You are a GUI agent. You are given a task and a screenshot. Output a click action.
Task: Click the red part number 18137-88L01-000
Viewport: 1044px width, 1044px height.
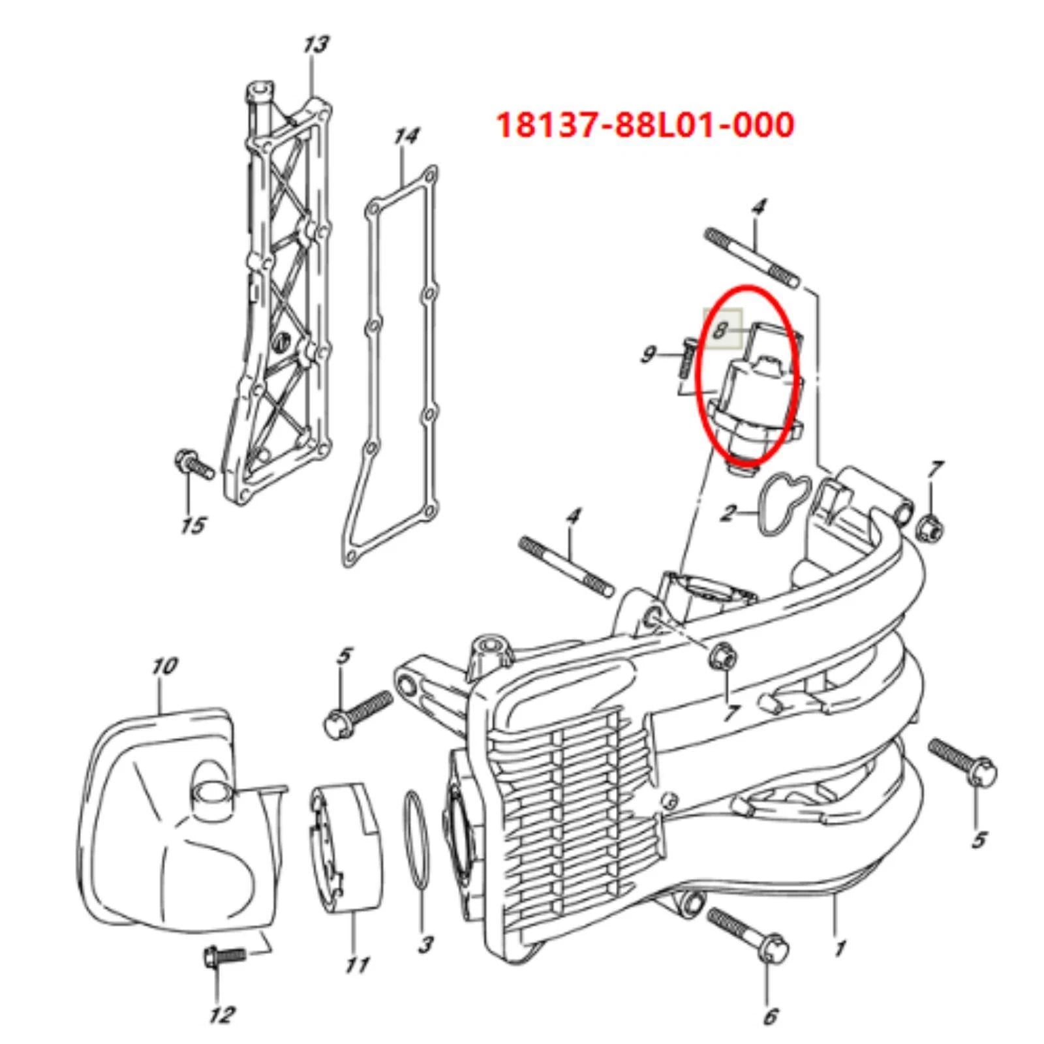point(645,125)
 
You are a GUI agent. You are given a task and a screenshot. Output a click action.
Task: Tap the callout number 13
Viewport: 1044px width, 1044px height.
point(315,45)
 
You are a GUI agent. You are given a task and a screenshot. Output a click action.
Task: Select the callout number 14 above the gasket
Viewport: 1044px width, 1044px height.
point(406,137)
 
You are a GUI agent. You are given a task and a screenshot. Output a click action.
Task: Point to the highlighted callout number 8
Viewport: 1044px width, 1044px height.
point(720,330)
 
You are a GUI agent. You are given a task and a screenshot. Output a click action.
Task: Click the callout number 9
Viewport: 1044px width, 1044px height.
point(648,354)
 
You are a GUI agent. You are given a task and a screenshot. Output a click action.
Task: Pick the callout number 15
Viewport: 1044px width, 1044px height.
point(193,525)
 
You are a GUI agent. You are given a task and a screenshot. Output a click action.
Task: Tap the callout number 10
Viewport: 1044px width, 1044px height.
point(164,666)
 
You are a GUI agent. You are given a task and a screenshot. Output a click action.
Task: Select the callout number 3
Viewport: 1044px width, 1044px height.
point(425,944)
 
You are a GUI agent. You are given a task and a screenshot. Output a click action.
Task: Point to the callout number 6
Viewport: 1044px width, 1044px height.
point(771,1015)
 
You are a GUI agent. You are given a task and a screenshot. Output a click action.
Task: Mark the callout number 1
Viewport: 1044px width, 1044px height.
point(840,947)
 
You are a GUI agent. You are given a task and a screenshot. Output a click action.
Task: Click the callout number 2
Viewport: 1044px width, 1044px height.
point(728,513)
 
